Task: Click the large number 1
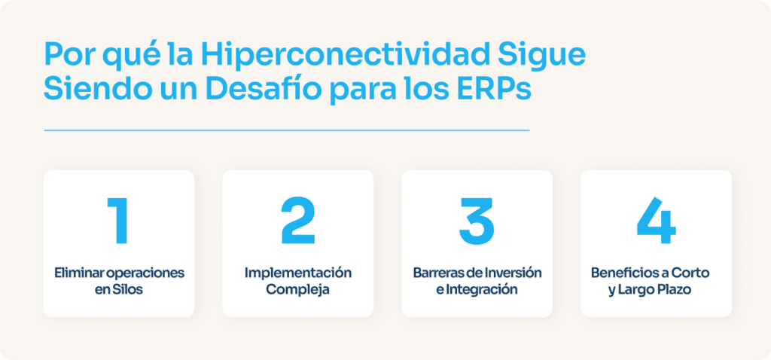point(118,221)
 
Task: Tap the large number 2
point(298,221)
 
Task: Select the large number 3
point(477,221)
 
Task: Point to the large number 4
point(656,221)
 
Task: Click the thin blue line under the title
point(286,130)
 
